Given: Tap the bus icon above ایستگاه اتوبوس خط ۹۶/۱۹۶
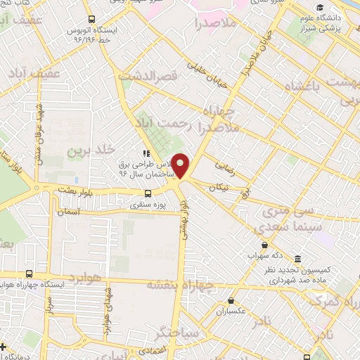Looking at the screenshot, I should coord(92,20).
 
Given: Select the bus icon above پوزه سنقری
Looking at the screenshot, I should coord(148,193).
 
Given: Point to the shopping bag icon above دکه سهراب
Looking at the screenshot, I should coord(264,245).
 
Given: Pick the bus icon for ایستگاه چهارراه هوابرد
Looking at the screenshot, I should coord(28,274).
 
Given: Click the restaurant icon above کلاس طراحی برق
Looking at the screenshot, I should coord(146,153).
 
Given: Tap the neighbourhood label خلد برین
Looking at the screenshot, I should coord(91,151).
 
